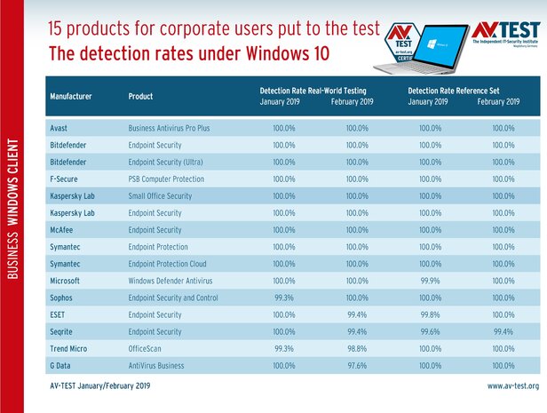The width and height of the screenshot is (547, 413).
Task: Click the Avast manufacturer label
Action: [61, 128]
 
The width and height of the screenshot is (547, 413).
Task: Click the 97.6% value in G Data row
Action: [354, 365]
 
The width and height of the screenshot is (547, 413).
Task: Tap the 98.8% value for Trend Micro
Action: [354, 348]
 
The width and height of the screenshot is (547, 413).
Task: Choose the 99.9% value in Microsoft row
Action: [430, 281]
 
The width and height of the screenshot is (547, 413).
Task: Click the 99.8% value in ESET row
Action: [430, 314]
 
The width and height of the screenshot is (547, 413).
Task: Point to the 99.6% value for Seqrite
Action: [430, 331]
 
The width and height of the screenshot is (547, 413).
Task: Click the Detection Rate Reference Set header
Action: [463, 90]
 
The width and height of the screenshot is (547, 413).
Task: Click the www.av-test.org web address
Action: [512, 386]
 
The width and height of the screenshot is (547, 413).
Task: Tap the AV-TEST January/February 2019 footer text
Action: [99, 386]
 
